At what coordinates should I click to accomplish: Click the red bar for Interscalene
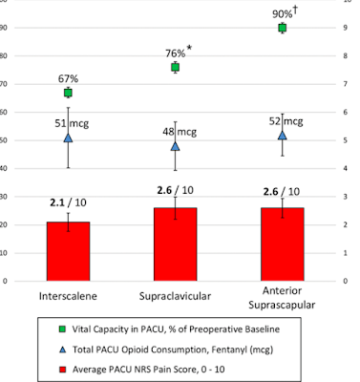point(68,251)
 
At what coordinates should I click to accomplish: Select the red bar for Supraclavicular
point(175,244)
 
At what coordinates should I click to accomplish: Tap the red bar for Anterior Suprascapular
point(283,244)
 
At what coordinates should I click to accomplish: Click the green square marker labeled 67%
point(68,93)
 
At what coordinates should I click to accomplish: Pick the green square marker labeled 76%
point(175,67)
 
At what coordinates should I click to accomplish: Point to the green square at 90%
point(283,28)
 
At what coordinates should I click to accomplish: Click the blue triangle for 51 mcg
point(68,138)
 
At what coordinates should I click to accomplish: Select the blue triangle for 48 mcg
point(175,146)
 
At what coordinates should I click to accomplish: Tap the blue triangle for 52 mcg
point(283,136)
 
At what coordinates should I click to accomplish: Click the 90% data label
point(283,14)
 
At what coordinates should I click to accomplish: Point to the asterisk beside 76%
point(189,49)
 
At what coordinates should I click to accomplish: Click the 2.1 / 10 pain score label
point(68,202)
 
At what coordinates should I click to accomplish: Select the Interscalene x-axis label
point(68,296)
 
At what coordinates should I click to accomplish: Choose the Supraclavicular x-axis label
point(175,296)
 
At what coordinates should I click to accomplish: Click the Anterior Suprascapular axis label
point(282,298)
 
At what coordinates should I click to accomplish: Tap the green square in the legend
point(63,329)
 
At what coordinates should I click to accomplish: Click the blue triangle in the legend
point(63,350)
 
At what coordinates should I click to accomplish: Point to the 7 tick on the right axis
point(345,84)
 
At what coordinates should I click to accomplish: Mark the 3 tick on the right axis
point(345,197)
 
